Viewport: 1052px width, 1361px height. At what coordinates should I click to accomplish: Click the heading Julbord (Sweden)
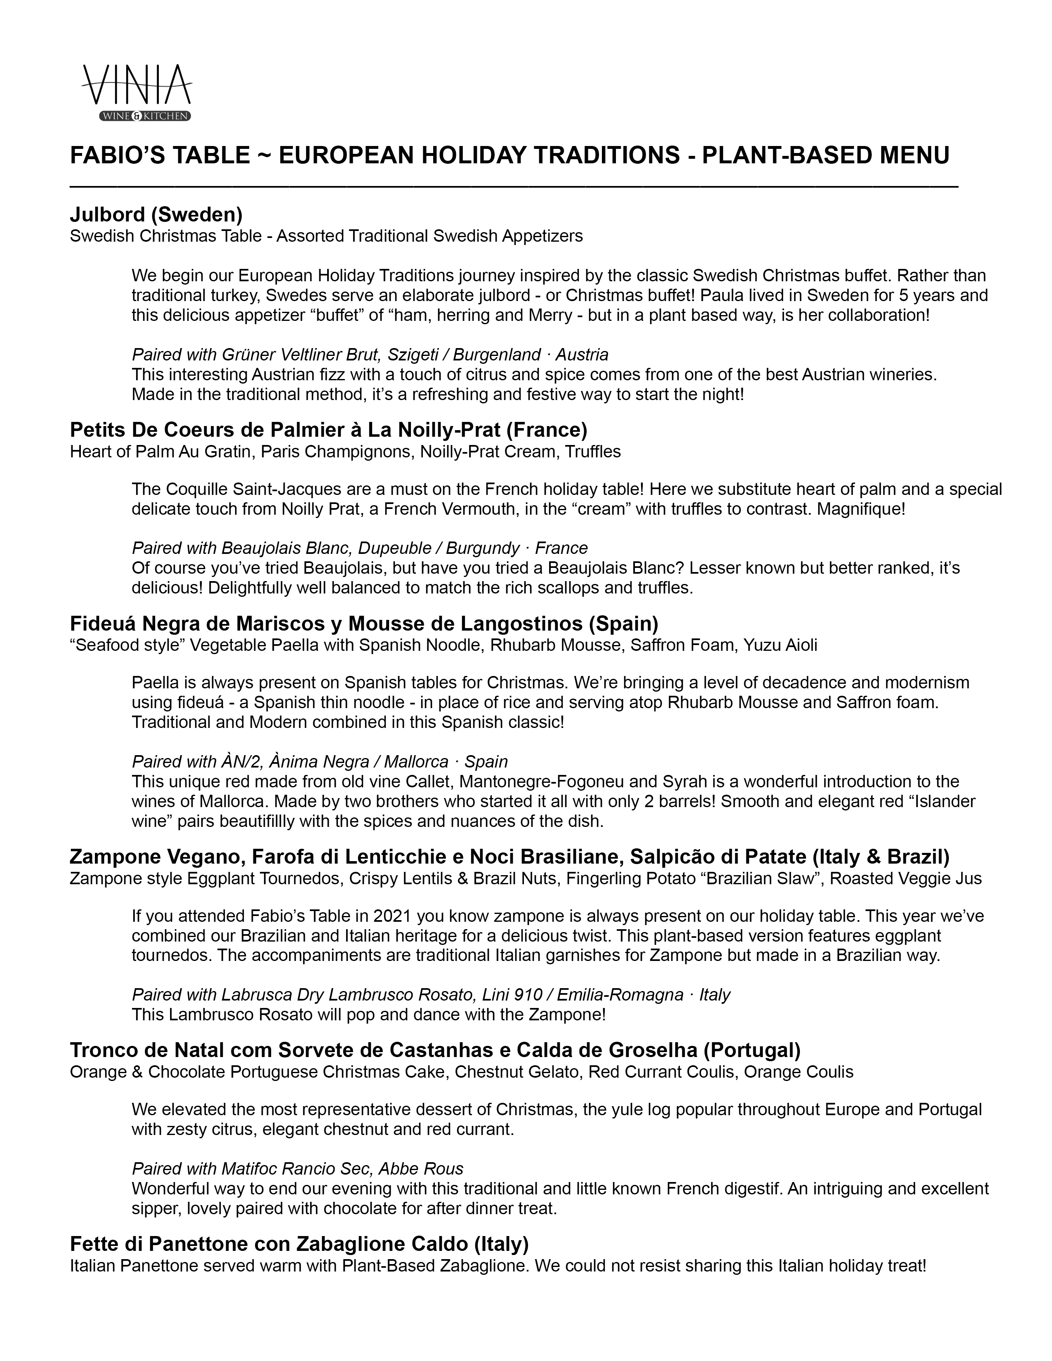(156, 214)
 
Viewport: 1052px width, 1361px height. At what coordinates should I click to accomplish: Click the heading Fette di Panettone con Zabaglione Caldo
(299, 1244)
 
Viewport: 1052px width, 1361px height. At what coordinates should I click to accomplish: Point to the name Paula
(722, 295)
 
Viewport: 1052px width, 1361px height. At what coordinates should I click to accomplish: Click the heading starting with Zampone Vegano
(509, 857)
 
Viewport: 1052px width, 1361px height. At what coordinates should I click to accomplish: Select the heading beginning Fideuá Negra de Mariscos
(364, 623)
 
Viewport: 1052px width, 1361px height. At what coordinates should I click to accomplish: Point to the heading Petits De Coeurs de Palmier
(328, 430)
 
